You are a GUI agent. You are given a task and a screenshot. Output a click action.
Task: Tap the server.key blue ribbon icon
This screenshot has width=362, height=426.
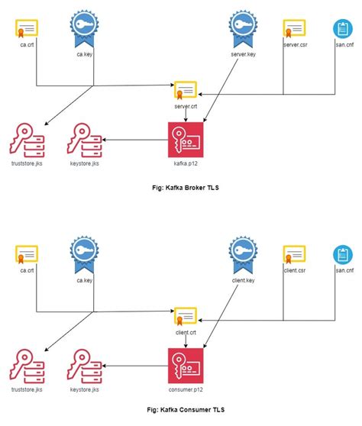(x=241, y=27)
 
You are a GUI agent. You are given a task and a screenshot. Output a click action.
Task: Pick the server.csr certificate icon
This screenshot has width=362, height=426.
(x=295, y=29)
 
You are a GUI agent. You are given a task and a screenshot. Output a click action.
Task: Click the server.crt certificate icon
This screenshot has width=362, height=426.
(x=185, y=90)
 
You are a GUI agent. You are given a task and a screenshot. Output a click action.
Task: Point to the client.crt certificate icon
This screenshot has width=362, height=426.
(x=185, y=316)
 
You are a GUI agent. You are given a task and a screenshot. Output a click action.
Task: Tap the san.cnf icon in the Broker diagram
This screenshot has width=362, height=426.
(x=341, y=29)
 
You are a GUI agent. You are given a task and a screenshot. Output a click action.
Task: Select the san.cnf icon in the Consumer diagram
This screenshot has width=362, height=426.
(x=341, y=255)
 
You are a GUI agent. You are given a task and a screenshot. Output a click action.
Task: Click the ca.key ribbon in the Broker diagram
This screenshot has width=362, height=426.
(x=82, y=27)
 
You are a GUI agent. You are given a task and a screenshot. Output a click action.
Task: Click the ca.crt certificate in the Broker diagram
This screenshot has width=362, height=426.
(x=27, y=29)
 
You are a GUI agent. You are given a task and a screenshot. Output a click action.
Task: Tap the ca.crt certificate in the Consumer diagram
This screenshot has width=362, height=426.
(x=27, y=254)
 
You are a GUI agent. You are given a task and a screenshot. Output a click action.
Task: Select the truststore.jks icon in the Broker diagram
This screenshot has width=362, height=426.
(x=27, y=139)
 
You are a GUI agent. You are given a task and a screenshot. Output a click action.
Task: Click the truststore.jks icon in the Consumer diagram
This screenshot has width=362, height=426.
(x=27, y=364)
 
